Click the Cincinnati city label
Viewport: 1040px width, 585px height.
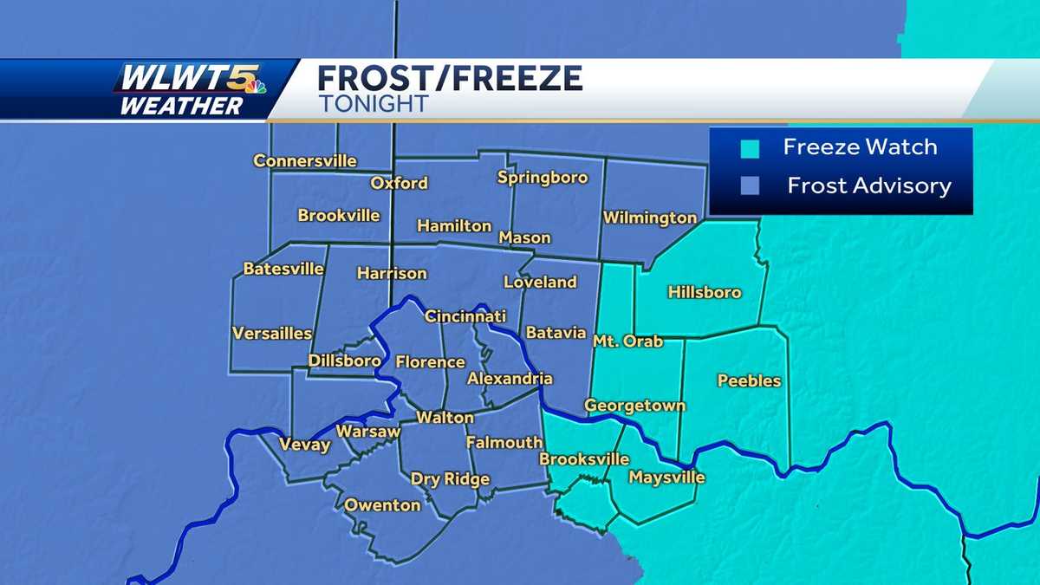(465, 317)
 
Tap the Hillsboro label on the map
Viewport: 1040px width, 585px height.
(705, 292)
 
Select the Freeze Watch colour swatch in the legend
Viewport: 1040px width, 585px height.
(751, 148)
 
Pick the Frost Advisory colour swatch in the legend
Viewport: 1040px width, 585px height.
(751, 185)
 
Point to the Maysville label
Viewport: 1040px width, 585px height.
(666, 478)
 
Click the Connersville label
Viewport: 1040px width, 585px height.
(305, 161)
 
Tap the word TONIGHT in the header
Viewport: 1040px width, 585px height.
(373, 104)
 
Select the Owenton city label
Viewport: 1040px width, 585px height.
(382, 504)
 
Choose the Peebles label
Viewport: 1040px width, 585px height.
(750, 380)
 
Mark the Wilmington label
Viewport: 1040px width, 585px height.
(650, 218)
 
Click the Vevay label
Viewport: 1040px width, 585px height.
(304, 445)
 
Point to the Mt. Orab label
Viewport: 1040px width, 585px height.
(627, 341)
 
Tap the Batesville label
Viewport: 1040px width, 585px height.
(283, 269)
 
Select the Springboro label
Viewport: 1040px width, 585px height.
(543, 178)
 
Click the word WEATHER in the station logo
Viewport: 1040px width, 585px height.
(181, 106)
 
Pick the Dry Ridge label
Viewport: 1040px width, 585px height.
(450, 479)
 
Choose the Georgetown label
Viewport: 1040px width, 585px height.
(634, 406)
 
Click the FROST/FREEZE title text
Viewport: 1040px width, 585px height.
(450, 79)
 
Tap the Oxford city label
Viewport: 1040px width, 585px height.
(399, 183)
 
